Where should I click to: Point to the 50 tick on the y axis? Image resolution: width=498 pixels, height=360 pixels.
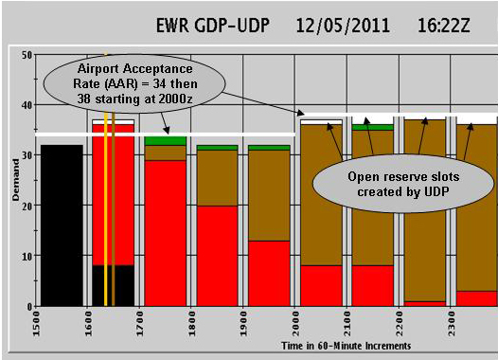(27, 55)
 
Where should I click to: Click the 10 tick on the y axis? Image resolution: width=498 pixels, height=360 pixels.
(27, 256)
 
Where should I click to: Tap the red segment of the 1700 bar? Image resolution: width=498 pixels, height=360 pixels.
(165, 232)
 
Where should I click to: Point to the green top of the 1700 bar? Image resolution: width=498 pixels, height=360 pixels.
(165, 140)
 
